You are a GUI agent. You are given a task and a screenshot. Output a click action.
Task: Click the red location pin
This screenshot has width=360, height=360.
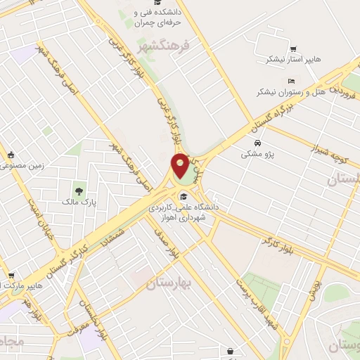tap(180, 165)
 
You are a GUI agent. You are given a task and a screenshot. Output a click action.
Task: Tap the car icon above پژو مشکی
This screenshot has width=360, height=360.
tap(258, 143)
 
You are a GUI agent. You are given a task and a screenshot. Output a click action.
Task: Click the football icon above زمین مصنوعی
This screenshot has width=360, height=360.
tap(9, 155)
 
